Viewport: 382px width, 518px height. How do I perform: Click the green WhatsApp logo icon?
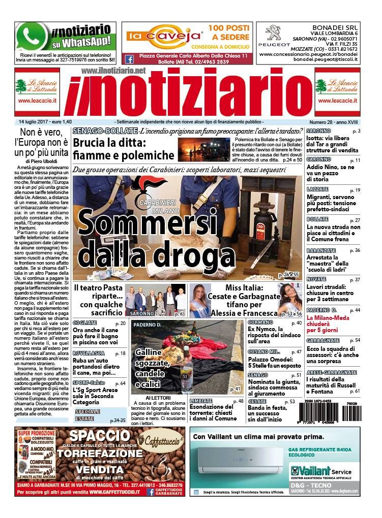click(x=32, y=37)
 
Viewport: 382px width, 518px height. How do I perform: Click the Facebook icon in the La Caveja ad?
click(x=130, y=59)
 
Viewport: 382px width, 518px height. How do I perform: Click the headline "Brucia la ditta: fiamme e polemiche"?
click(x=124, y=149)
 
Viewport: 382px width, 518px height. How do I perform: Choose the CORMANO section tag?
click(x=260, y=322)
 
